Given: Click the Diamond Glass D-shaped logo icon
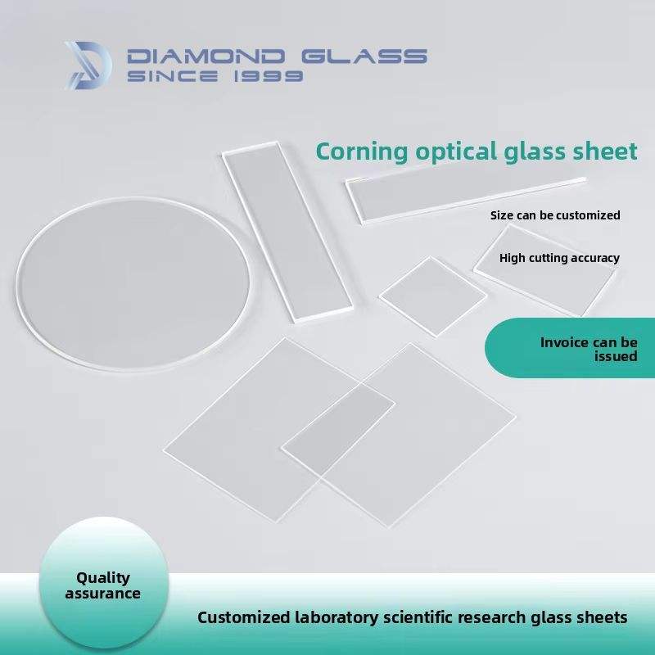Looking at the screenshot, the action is pos(88,65).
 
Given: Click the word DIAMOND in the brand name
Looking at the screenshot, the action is pos(206,56).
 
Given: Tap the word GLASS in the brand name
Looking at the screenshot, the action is pos(364,56).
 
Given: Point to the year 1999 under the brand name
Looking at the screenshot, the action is pos(268,75).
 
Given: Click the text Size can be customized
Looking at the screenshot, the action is pos(555,215).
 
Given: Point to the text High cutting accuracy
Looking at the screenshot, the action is pos(559,258).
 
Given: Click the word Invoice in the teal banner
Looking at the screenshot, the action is pos(564,342).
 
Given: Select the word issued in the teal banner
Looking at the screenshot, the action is pos(616,356).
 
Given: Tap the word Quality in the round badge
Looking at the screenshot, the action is pos(103,578).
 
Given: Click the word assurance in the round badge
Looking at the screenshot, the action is pos(103,594).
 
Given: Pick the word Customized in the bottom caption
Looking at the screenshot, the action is pos(243,617).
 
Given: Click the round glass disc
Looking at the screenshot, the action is pos(133,283).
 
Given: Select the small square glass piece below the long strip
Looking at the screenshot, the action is pos(433,296).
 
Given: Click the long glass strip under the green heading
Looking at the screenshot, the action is pos(465,199).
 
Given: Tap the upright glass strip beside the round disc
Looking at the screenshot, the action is pos(287,231).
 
